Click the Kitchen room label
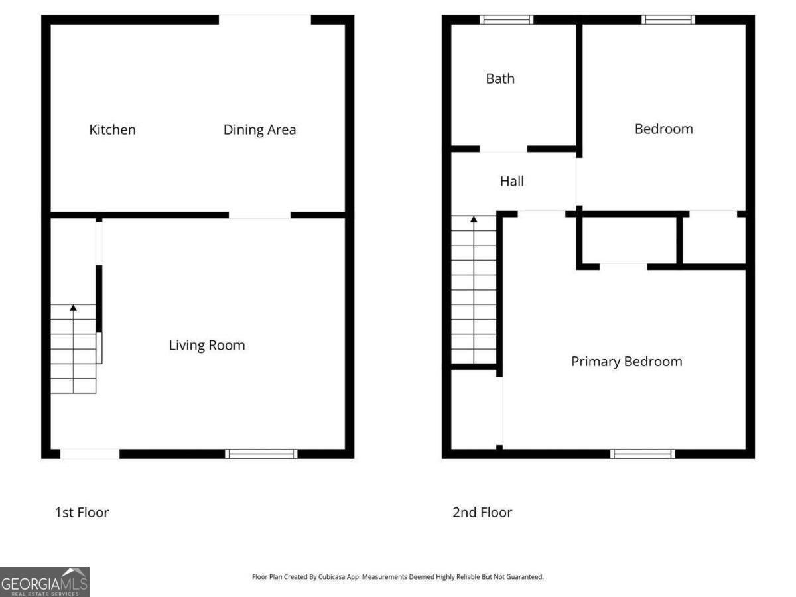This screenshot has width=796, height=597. (113, 129)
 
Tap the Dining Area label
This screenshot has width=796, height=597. (259, 129)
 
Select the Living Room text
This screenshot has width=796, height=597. (207, 345)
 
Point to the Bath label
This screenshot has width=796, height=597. (500, 78)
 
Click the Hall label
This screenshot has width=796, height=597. (512, 180)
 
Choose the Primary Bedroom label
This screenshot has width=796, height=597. (627, 362)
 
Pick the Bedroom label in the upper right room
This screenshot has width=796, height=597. (664, 129)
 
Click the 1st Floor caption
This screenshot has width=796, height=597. (82, 512)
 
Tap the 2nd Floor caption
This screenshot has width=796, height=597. (482, 512)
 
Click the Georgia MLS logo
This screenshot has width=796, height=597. (44, 582)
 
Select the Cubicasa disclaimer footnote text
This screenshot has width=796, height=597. (398, 577)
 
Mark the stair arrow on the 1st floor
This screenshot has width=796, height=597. (73, 308)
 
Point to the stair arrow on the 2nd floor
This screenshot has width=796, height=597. (474, 219)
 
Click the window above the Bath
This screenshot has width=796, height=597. (507, 20)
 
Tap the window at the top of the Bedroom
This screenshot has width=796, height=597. (669, 20)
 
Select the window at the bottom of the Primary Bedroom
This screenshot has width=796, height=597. (643, 454)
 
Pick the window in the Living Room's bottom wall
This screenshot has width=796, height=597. (261, 454)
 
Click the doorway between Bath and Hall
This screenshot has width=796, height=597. (503, 149)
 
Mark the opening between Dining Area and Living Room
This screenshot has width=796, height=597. (259, 215)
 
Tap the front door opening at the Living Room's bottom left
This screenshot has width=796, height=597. (90, 454)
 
